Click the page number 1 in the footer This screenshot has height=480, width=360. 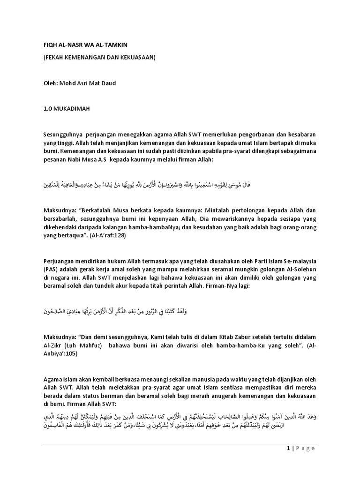point(287,449)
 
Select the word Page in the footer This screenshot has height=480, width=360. point(305,449)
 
